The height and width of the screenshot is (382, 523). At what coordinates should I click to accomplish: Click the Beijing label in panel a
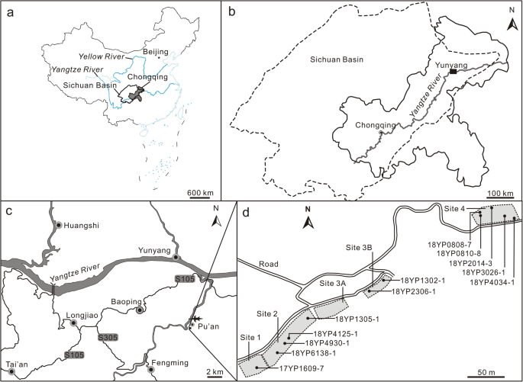pos(155,51)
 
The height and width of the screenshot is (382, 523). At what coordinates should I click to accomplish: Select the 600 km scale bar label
pos(200,191)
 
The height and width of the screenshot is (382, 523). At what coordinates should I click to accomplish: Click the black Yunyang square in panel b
pos(454,72)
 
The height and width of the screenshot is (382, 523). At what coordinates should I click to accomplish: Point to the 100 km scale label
pos(500,192)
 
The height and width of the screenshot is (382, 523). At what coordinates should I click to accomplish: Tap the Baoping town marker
pos(140,310)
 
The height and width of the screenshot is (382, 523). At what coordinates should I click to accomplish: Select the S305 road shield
pos(109,336)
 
